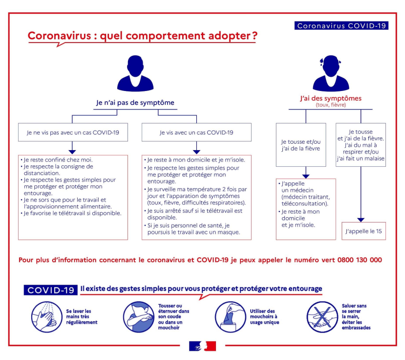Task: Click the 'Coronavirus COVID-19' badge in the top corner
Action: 341,25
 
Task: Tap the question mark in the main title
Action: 255,36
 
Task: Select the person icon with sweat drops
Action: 331,73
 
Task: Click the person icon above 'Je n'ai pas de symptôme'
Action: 135,73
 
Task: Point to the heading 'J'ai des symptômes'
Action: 331,98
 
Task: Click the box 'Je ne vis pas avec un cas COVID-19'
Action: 73,132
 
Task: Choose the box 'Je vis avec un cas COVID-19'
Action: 196,132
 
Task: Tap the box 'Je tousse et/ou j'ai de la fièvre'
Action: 301,145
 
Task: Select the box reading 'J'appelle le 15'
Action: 363,231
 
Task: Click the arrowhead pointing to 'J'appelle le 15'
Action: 361,220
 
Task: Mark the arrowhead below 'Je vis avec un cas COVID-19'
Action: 196,152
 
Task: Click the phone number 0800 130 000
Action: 360,260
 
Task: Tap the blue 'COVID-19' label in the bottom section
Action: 51,290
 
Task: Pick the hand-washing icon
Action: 47,317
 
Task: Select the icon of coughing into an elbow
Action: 139,317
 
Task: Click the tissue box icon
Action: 231,317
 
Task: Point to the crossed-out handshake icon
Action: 322,317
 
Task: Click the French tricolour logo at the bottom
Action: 202,346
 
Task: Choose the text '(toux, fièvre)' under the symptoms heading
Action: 331,105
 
